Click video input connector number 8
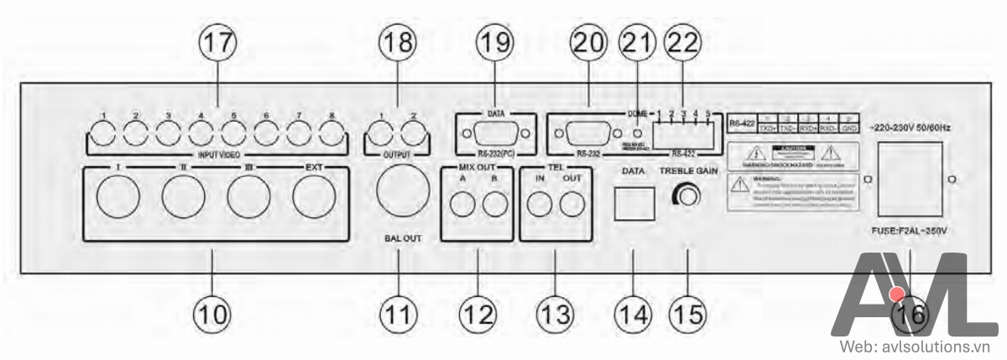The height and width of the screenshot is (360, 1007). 331,133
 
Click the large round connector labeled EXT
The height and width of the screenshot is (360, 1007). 316,199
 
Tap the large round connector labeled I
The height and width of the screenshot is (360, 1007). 119,199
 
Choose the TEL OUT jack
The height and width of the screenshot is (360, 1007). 572,203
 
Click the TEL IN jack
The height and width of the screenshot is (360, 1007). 538,203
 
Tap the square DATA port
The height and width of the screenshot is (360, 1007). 631,202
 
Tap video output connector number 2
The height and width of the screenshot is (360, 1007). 411,133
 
